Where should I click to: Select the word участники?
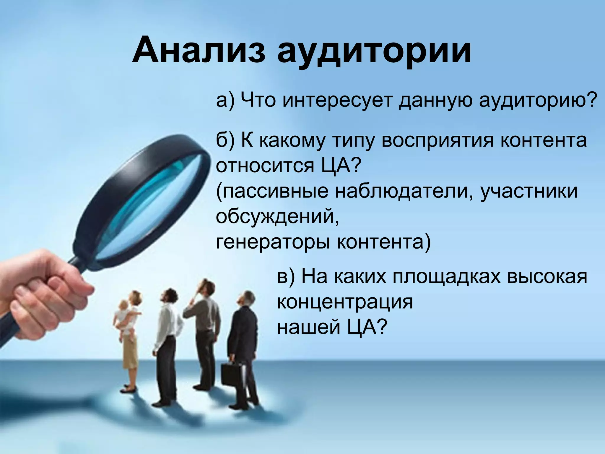pyautogui.click(x=528, y=191)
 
